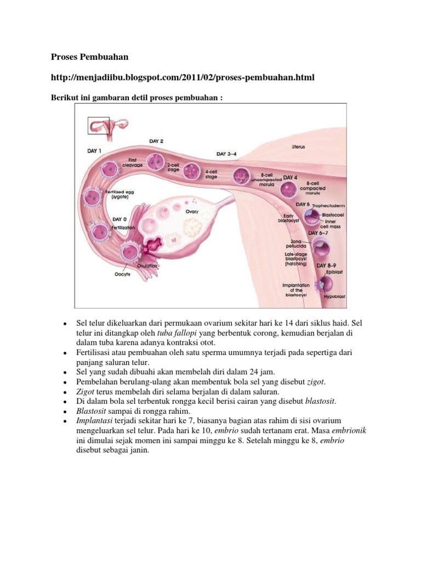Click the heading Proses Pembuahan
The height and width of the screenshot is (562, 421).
89,57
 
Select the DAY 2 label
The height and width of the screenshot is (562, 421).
156,141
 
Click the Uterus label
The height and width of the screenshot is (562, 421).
298,147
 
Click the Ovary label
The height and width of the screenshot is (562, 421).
192,211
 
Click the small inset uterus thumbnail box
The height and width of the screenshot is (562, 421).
99,126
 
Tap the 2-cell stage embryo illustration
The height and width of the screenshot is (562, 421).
156,161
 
